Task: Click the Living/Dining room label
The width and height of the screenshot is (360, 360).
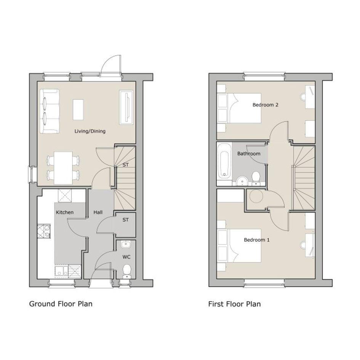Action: coord(90,131)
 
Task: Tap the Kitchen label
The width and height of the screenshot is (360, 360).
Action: coord(65,212)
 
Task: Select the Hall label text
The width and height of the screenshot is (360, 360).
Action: coord(98,212)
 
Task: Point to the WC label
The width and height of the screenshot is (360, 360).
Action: coord(126,257)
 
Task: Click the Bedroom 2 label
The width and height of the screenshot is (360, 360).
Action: coord(266,105)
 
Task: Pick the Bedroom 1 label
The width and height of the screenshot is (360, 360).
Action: coord(257,240)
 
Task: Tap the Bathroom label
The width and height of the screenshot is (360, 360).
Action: coord(249,154)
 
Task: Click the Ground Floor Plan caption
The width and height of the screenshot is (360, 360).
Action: coord(61,304)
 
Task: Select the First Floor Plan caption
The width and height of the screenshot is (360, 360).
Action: coord(234,304)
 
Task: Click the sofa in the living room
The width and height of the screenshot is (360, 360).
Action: coord(50,111)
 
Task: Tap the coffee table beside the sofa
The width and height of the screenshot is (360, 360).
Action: coord(78,109)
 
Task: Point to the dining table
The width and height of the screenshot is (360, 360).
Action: coord(63,168)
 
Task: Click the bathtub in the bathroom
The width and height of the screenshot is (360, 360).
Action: coord(224,161)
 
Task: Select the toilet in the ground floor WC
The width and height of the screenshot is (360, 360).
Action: coord(127,271)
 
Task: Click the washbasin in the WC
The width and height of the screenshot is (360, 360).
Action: coord(126,244)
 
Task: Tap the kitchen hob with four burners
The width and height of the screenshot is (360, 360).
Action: coord(44,231)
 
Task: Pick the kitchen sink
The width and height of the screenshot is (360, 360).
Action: coord(61,270)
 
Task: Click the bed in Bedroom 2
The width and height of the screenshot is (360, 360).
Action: coord(239,108)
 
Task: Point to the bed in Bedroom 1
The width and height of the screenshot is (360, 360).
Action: coord(239,246)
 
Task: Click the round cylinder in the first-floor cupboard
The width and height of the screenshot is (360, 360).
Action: coord(256,197)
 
